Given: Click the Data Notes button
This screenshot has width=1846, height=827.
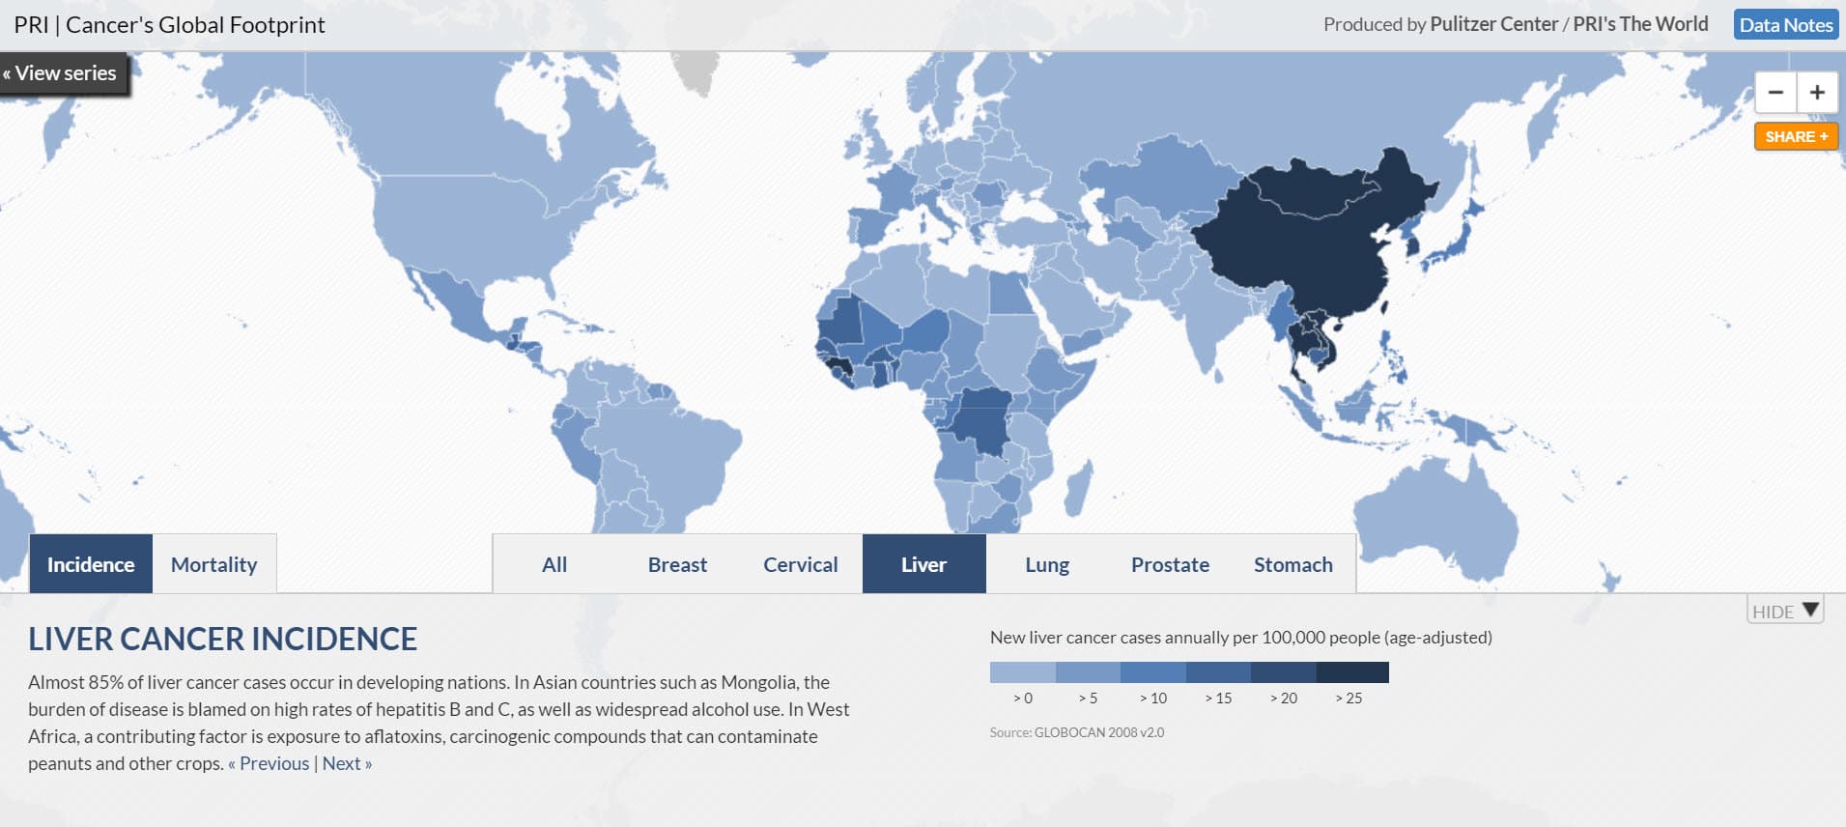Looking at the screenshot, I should (x=1785, y=25).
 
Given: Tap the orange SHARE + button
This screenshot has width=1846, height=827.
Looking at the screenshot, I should (x=1796, y=137).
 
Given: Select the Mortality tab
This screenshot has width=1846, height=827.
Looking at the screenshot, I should (x=213, y=564).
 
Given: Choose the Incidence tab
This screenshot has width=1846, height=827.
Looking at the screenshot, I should (x=91, y=564).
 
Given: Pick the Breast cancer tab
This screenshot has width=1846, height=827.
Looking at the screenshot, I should (x=677, y=564).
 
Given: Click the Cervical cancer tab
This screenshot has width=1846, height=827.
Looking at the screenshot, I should (x=800, y=564).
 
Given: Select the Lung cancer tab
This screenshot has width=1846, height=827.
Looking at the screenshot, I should (x=1047, y=564).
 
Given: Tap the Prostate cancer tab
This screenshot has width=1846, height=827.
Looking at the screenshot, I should (x=1170, y=564).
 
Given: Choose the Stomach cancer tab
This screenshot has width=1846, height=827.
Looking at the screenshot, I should (x=1292, y=564).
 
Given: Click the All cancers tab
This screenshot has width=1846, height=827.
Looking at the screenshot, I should (x=554, y=564).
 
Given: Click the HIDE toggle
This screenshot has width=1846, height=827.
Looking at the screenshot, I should (x=1785, y=611).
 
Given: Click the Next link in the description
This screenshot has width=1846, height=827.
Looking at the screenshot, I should (x=347, y=763).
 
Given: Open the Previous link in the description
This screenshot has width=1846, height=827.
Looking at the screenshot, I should (x=270, y=763).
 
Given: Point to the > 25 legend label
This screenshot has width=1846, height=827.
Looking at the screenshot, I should (x=1349, y=698).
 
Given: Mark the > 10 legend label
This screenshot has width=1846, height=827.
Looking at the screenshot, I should (x=1153, y=698).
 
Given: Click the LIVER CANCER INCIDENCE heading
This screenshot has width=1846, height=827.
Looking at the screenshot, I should (x=222, y=639).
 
